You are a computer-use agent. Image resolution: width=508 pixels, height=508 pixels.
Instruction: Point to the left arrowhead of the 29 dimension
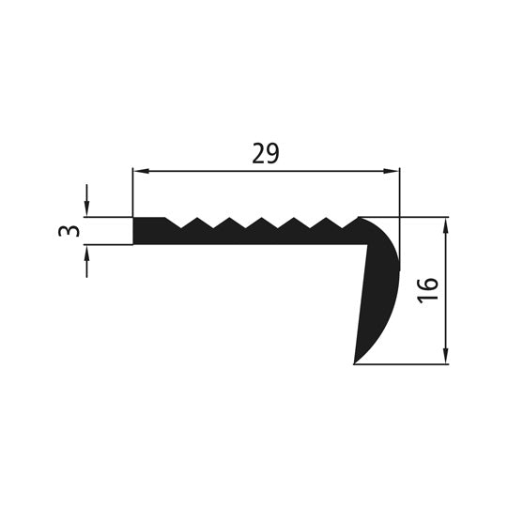pyautogui.click(x=139, y=172)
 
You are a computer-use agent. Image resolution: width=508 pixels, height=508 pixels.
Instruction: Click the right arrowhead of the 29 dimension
pyautogui.click(x=393, y=172)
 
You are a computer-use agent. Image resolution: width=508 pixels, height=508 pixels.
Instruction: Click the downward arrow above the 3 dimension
pyautogui.click(x=87, y=209)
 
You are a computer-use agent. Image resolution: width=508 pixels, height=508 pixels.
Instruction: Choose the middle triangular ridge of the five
pyautogui.click(x=261, y=223)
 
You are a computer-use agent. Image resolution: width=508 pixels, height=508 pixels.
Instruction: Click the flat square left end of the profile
pyautogui.click(x=141, y=230)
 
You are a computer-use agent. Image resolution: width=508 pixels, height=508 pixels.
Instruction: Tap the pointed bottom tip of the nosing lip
pyautogui.click(x=355, y=362)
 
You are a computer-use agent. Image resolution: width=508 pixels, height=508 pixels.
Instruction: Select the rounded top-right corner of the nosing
pyautogui.click(x=390, y=230)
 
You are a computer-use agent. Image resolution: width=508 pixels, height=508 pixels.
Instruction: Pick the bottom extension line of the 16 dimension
pyautogui.click(x=404, y=364)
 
